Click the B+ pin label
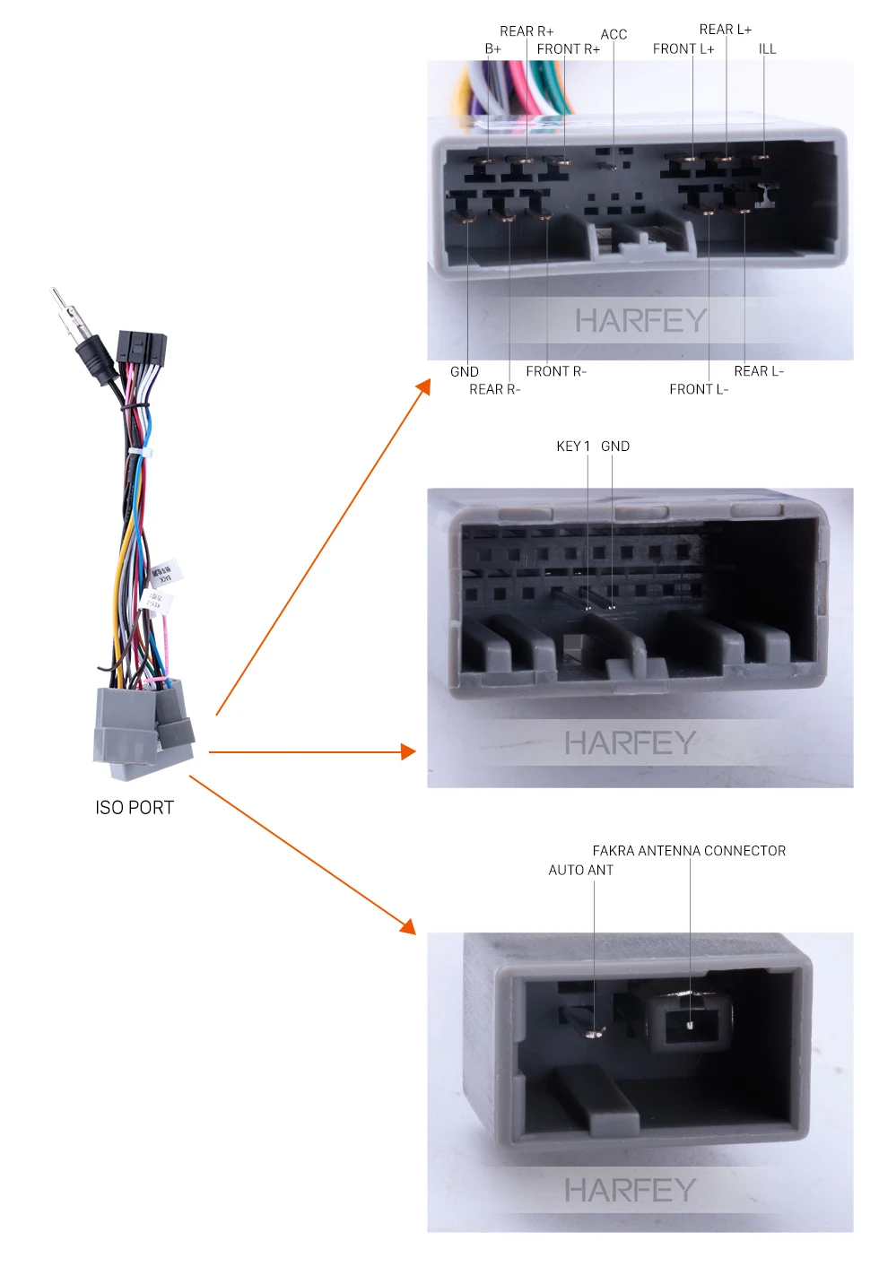pyautogui.click(x=492, y=49)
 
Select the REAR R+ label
pyautogui.click(x=527, y=31)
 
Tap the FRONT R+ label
pyautogui.click(x=568, y=49)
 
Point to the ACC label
pyautogui.click(x=614, y=35)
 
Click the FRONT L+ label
pyautogui.click(x=683, y=49)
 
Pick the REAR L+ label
pyautogui.click(x=725, y=30)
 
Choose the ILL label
pyautogui.click(x=767, y=49)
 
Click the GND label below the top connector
pyautogui.click(x=464, y=371)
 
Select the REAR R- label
pyautogui.click(x=494, y=389)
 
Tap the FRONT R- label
pyautogui.click(x=556, y=371)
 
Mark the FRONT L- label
pyautogui.click(x=699, y=389)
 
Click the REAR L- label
pyautogui.click(x=759, y=371)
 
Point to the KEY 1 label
pyautogui.click(x=573, y=447)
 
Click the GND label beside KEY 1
pyautogui.click(x=615, y=447)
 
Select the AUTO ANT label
pyautogui.click(x=581, y=870)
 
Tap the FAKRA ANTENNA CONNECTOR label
pyautogui.click(x=689, y=851)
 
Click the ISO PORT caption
pyautogui.click(x=135, y=808)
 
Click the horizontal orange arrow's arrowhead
pyautogui.click(x=409, y=752)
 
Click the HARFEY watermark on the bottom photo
pyautogui.click(x=630, y=1191)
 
